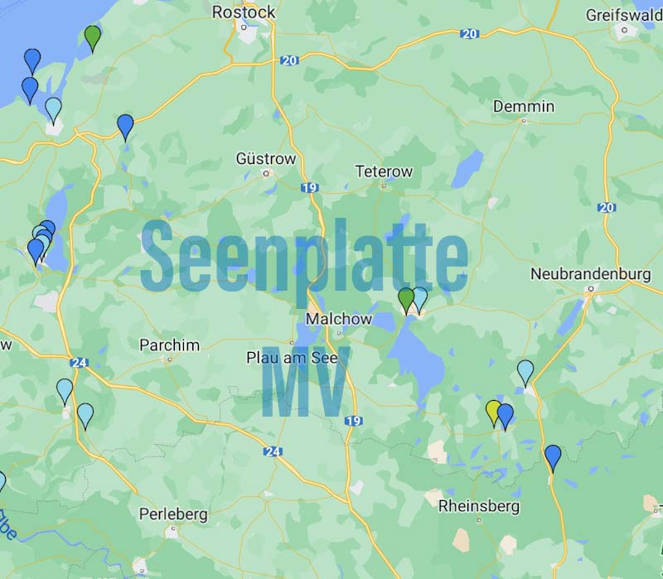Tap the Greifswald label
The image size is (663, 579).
tap(623, 15)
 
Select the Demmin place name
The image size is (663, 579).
tap(523, 106)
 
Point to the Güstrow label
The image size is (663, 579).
tap(265, 158)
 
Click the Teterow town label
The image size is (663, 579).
tap(383, 171)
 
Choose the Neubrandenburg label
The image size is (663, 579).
tap(590, 274)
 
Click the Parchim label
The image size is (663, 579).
tap(169, 345)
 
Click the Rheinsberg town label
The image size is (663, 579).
tap(479, 505)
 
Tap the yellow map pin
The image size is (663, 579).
tap(494, 411)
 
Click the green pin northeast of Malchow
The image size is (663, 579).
tap(406, 298)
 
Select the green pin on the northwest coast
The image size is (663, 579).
tap(93, 36)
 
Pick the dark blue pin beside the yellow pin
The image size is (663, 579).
tap(505, 414)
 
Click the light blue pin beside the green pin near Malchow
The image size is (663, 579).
tap(419, 298)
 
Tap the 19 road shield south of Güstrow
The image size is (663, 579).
tap(310, 188)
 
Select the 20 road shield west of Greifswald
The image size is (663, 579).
tap(470, 34)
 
